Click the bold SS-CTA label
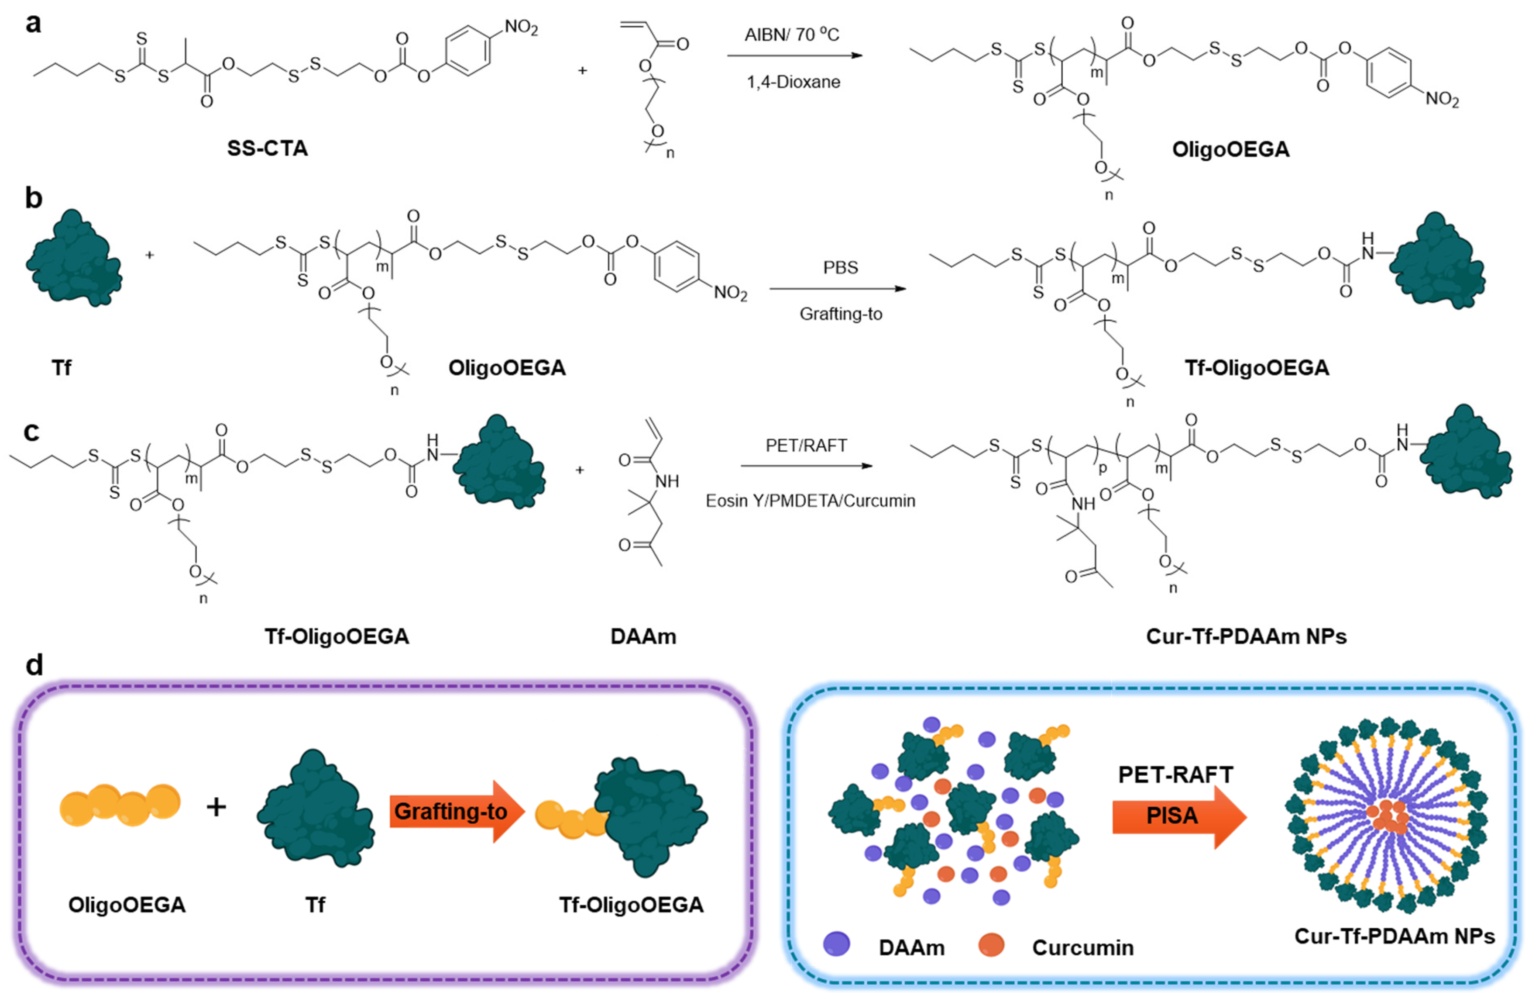pyautogui.click(x=267, y=149)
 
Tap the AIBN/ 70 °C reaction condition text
pyautogui.click(x=792, y=34)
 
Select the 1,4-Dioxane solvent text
pyautogui.click(x=793, y=82)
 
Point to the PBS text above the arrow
pyautogui.click(x=840, y=267)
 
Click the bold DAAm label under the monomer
pyautogui.click(x=643, y=636)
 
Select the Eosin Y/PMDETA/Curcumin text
pyautogui.click(x=810, y=501)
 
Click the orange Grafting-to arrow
pyautogui.click(x=457, y=812)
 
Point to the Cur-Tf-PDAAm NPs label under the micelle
pyautogui.click(x=1394, y=936)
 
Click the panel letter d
pyautogui.click(x=34, y=665)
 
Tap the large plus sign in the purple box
pyautogui.click(x=216, y=807)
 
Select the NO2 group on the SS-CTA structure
pyautogui.click(x=520, y=27)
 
